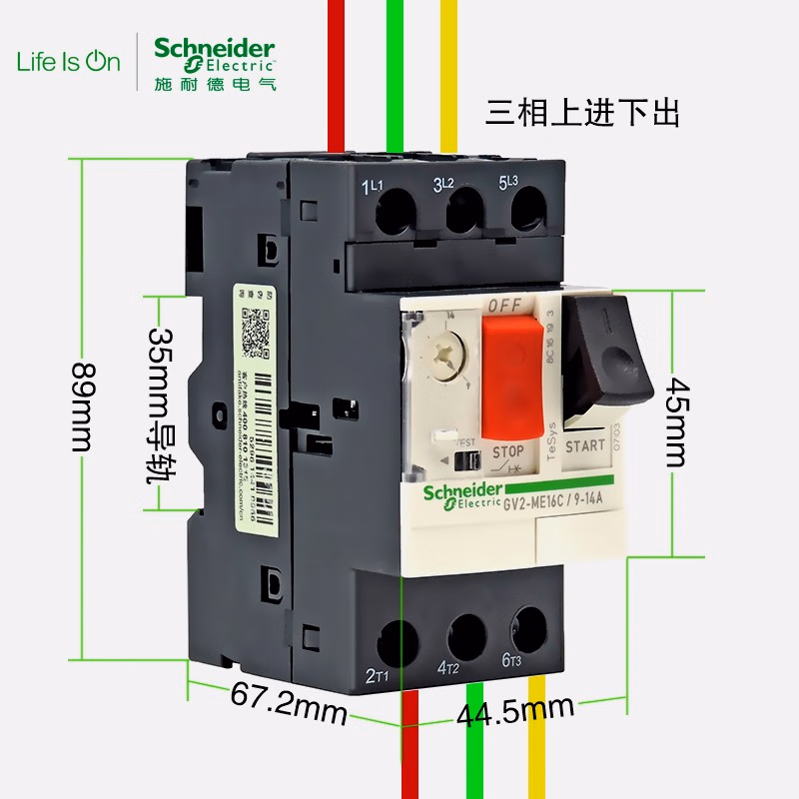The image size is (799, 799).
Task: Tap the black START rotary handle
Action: pyautogui.click(x=607, y=360)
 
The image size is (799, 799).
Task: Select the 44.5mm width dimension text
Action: pyautogui.click(x=515, y=711)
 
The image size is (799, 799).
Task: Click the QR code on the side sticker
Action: pyautogui.click(x=258, y=333)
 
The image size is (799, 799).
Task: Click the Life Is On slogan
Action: pyautogui.click(x=68, y=61)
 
